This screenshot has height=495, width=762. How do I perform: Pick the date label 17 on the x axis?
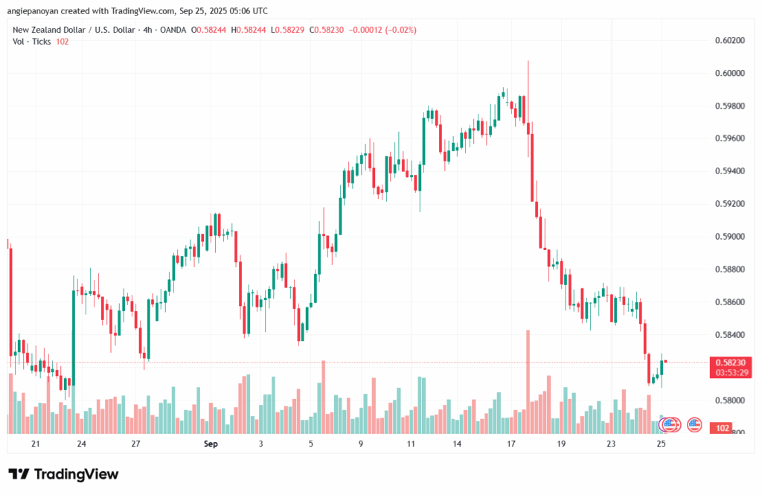coord(510,444)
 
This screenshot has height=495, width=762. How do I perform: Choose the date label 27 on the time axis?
coord(136,444)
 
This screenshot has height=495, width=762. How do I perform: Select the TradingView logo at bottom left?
coord(63,474)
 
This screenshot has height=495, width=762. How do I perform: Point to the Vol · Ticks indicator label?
coord(32,42)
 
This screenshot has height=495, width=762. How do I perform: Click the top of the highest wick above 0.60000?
coord(528,62)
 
